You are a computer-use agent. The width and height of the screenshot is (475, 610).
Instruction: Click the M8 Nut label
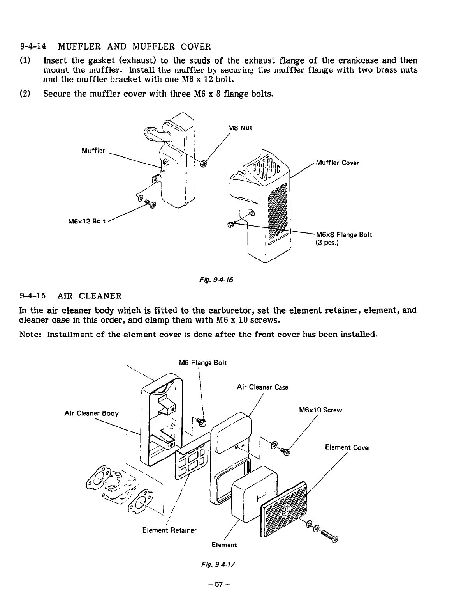coord(240,128)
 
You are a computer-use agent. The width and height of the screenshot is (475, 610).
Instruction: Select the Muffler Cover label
coord(337,163)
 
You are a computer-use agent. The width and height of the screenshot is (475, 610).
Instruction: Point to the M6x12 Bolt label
coord(84,222)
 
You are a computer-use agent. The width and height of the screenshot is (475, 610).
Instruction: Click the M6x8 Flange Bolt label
coord(344,235)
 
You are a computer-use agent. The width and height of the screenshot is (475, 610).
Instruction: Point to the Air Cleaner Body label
coord(91,413)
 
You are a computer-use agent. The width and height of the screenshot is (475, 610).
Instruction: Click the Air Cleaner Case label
coord(262,387)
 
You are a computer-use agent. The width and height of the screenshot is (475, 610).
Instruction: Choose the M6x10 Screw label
coord(320,410)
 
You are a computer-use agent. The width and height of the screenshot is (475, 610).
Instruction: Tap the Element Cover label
coord(348,448)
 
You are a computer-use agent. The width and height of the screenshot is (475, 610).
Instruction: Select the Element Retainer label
coord(169,530)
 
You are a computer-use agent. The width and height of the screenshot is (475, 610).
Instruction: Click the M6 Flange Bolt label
coord(202,363)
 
